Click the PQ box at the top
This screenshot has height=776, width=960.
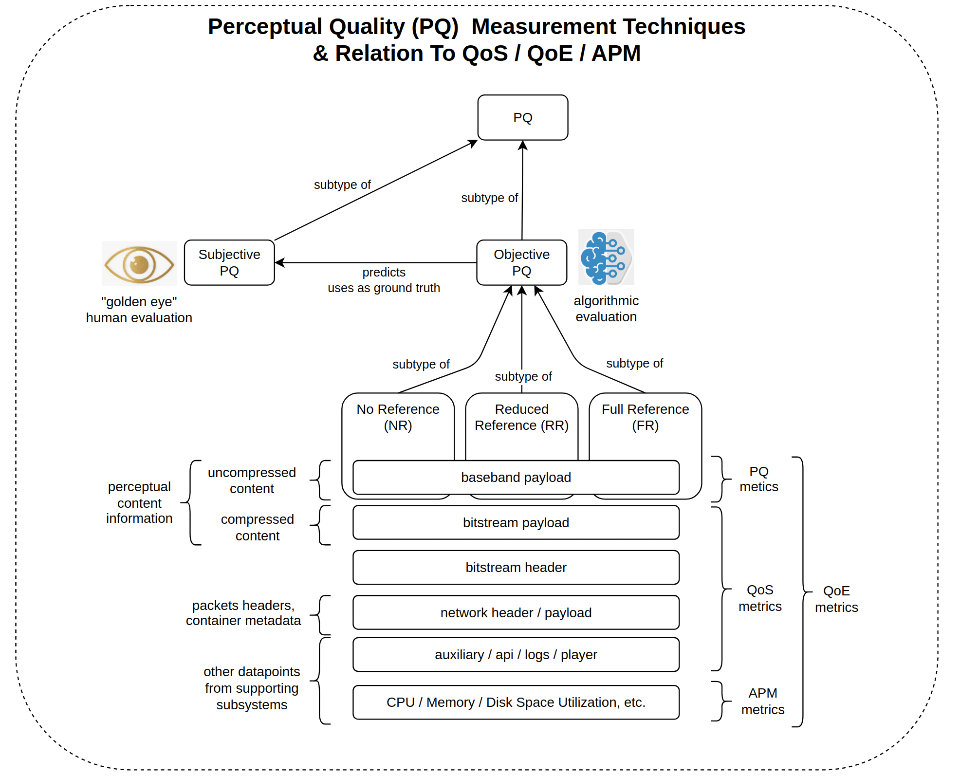point(522,118)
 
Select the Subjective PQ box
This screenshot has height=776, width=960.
point(229,262)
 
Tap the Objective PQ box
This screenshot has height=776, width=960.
point(521,262)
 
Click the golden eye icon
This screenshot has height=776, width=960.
point(139,264)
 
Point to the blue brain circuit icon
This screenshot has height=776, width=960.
point(606,257)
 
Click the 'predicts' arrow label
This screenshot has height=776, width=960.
point(384,272)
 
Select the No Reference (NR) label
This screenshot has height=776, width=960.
point(398,417)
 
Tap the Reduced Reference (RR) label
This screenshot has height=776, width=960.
point(521,417)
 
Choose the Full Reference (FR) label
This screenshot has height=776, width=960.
point(645,417)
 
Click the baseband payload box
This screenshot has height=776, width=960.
point(516,478)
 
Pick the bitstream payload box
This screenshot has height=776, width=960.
point(516,523)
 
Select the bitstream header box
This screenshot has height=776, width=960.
point(516,568)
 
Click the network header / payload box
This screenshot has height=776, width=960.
point(516,613)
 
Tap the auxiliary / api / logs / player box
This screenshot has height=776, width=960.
point(516,655)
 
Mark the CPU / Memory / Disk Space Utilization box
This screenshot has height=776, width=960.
point(516,702)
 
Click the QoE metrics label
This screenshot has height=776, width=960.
point(836,599)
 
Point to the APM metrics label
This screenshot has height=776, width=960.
point(762,702)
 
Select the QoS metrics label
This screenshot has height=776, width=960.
point(760,598)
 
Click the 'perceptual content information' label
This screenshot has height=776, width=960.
point(139,502)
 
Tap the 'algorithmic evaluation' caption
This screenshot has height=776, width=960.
point(606,309)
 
